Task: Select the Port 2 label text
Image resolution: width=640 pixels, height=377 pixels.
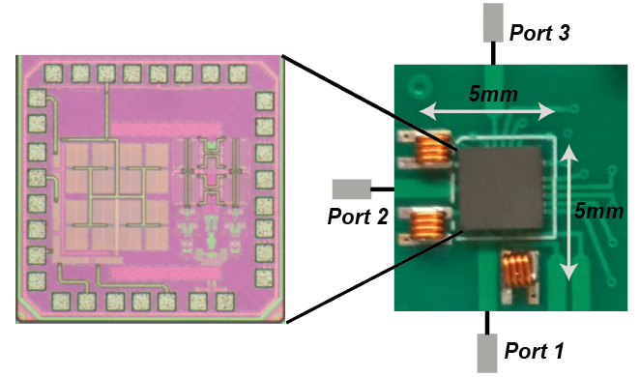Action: pyautogui.click(x=358, y=217)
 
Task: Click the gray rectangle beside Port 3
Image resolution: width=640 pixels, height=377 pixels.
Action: pyautogui.click(x=492, y=22)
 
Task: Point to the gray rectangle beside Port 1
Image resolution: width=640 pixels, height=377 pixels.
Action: pyautogui.click(x=486, y=351)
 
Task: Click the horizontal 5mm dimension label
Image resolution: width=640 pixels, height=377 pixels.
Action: pyautogui.click(x=487, y=95)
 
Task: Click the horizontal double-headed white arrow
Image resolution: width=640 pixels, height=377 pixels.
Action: pyautogui.click(x=487, y=113)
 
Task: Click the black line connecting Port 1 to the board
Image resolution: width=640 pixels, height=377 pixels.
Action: pyautogui.click(x=486, y=321)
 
